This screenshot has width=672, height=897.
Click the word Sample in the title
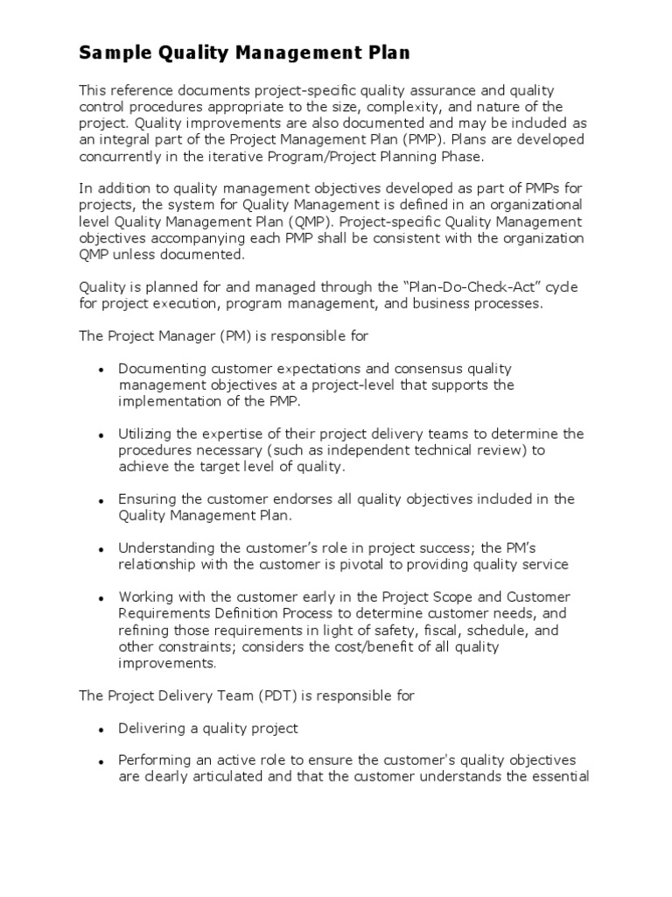(x=108, y=54)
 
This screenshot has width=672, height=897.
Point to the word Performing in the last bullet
(x=153, y=760)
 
